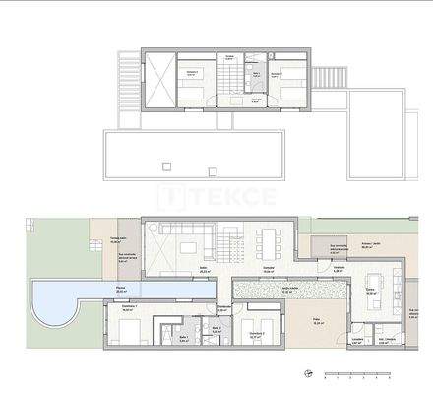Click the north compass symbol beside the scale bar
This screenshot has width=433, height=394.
308,374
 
